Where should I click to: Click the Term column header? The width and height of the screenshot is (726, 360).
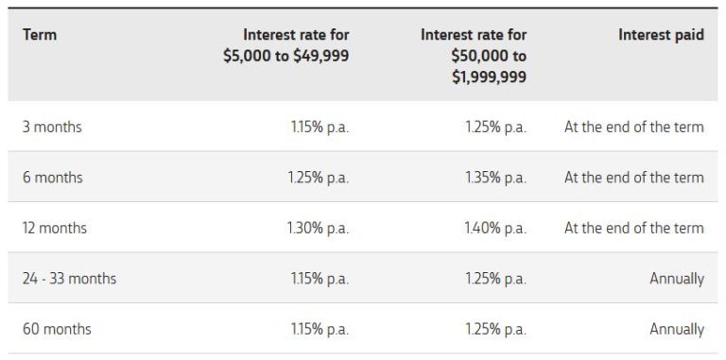pos(39,35)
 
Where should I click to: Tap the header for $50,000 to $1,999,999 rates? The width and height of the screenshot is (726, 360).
pos(473,56)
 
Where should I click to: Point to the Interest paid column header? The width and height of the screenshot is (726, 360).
pos(661,35)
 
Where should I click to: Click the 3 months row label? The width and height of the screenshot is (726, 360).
pos(52,127)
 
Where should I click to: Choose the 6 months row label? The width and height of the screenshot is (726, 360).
pos(52,178)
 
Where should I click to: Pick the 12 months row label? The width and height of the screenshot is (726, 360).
pos(55,228)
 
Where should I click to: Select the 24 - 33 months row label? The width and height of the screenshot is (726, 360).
pos(70,279)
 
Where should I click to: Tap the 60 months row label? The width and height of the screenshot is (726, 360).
pos(57,330)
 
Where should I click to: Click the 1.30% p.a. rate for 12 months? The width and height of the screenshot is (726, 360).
pos(318,228)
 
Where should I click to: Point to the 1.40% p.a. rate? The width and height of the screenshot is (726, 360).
pos(494,228)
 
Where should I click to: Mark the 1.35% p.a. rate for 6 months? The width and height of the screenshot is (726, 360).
pos(494,178)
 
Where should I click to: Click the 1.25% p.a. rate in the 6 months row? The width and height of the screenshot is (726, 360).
pos(318,178)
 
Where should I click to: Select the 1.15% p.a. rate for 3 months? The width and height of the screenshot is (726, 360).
pos(320,127)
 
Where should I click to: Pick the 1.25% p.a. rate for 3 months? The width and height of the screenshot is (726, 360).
pos(494,127)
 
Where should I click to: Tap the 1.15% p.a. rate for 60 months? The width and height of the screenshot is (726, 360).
pos(320,330)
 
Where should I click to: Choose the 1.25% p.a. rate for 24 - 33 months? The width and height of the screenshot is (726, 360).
pos(494,279)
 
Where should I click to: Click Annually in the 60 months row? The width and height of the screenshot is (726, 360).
pos(676,330)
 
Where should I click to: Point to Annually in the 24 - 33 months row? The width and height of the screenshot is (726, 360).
pos(676,279)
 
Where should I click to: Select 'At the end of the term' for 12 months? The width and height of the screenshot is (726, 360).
pos(633,228)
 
